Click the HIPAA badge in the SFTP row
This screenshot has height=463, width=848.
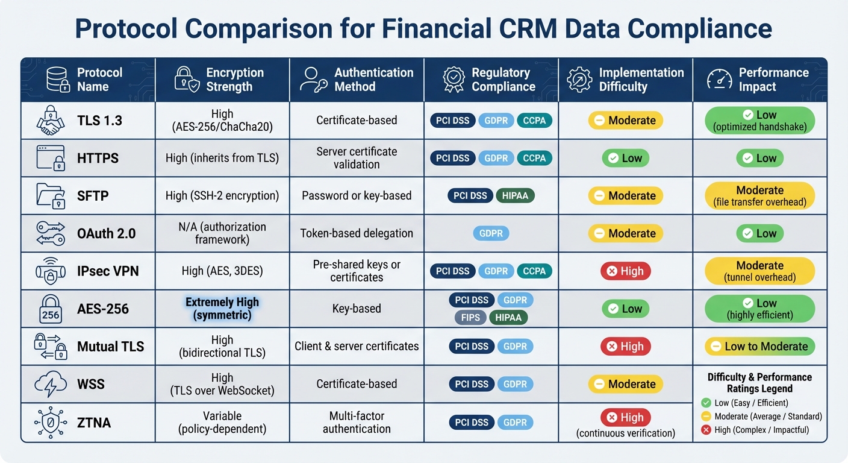(x=515, y=195)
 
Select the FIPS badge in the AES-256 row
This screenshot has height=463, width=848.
(x=470, y=317)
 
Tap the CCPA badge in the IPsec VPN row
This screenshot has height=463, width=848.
(x=534, y=271)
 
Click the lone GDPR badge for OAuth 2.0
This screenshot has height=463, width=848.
(x=491, y=233)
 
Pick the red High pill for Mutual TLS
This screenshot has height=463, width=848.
(x=625, y=346)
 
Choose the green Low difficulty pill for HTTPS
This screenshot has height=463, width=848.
(x=625, y=158)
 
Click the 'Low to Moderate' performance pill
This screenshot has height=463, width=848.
(x=759, y=346)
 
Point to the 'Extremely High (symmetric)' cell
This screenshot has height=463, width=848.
(x=222, y=309)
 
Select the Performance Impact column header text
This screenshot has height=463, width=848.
(x=773, y=80)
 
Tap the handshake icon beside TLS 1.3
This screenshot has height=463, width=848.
(x=51, y=121)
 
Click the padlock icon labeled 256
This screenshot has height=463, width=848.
(x=51, y=309)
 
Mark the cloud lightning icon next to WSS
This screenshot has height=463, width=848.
(x=51, y=384)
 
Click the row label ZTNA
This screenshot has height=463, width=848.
(x=94, y=422)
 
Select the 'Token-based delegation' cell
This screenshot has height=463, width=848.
(x=357, y=233)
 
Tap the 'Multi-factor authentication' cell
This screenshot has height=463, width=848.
(x=357, y=422)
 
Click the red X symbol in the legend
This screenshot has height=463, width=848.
(x=706, y=430)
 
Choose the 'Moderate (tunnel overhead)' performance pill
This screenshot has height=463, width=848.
(x=759, y=271)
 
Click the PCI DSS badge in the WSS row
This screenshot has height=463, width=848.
(x=472, y=384)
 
